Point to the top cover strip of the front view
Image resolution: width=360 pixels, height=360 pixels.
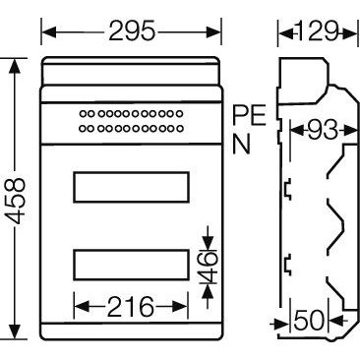[x=131, y=74]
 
